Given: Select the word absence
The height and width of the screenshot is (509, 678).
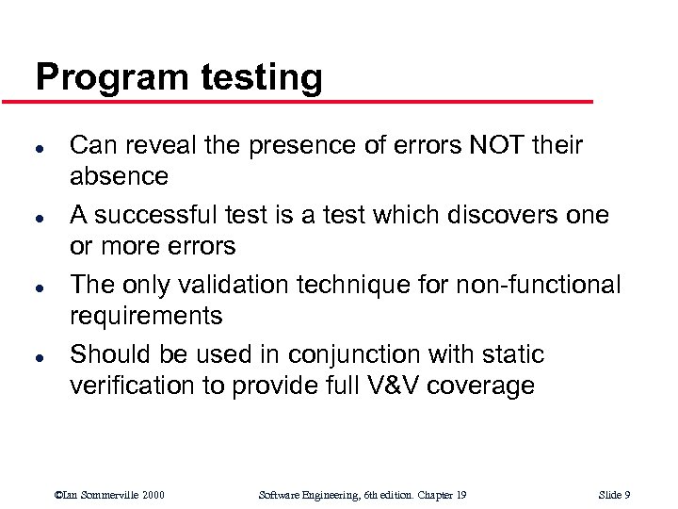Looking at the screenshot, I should pyautogui.click(x=120, y=176).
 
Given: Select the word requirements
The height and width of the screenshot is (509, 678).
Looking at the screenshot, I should pyautogui.click(x=146, y=316).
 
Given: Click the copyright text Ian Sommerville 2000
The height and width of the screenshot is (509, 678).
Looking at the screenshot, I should pyautogui.click(x=110, y=495).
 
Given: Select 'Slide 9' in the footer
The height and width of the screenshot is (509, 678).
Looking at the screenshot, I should pyautogui.click(x=614, y=495).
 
